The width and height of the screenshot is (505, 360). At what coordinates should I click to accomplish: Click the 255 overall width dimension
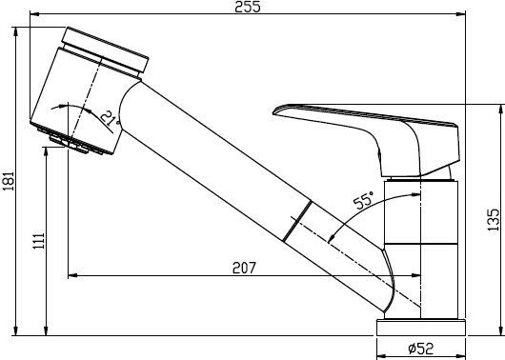[248, 7]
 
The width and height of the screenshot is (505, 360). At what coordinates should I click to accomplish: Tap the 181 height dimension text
[9, 181]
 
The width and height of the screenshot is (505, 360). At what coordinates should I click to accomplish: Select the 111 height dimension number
[38, 241]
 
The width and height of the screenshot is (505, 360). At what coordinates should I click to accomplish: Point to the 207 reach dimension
[244, 268]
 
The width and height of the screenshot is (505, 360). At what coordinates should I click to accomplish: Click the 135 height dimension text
[493, 220]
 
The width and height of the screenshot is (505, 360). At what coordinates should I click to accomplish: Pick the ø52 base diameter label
[420, 349]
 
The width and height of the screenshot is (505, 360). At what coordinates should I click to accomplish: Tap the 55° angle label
[364, 200]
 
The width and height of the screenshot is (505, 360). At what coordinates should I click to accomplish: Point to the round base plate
[421, 328]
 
